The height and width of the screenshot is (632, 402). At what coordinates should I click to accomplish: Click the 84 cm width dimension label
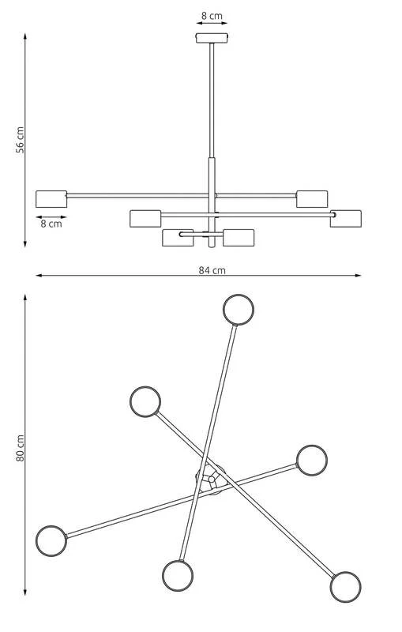point(212,270)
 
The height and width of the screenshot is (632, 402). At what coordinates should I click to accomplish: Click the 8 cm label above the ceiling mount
point(212,16)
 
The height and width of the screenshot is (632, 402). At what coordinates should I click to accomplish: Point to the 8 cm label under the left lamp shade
point(51,224)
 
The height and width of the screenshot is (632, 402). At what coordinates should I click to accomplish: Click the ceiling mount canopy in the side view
point(212,38)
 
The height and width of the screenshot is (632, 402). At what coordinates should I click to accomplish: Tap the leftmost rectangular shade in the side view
point(51,199)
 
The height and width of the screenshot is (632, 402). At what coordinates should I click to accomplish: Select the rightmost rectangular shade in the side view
point(346,219)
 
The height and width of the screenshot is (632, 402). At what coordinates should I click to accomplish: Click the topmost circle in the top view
point(239,310)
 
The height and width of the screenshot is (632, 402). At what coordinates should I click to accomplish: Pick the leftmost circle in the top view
point(51,541)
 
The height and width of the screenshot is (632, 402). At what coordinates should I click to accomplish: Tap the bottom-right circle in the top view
point(346,587)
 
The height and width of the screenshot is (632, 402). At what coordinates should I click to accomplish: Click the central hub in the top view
point(211,479)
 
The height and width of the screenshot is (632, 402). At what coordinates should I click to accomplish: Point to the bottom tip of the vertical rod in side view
point(212,247)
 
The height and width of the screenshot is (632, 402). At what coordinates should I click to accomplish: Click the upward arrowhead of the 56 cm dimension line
point(25,36)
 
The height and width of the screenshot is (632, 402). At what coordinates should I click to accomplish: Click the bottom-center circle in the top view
point(178,576)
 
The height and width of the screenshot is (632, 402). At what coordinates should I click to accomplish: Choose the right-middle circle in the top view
point(312,461)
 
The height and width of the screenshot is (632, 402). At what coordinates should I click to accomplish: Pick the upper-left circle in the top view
point(145,402)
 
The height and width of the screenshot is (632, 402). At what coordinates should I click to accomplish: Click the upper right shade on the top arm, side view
point(312,199)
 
